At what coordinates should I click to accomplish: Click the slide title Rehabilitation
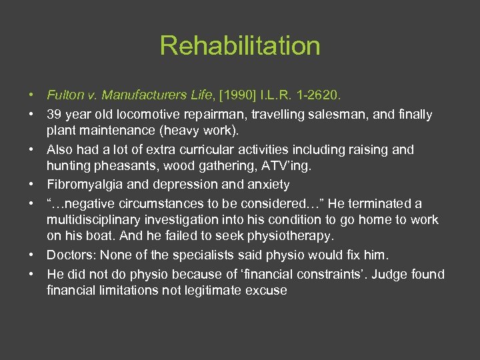[240, 46]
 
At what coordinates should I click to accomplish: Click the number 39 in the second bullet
[54, 115]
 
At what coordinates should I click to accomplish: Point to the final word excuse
[267, 290]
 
